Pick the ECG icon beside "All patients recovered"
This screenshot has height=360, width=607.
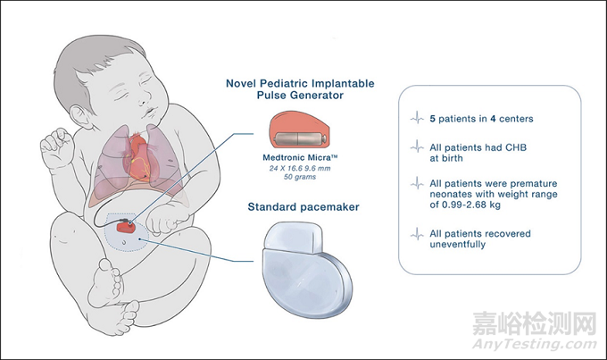pyautogui.click(x=415, y=235)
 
